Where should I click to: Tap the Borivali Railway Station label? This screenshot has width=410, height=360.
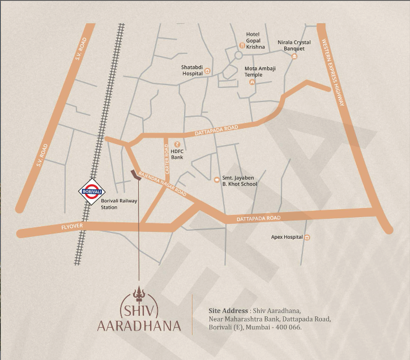tap(118, 204)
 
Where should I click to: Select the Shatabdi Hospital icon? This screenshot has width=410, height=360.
tap(207, 71)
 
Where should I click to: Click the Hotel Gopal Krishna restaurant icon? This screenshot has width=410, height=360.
tap(242, 45)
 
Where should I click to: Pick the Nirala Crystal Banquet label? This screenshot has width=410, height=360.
tap(294, 45)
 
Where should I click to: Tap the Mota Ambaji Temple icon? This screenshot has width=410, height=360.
tap(252, 82)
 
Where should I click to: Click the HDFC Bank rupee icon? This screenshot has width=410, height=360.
tap(177, 143)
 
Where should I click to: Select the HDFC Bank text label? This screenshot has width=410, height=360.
tap(177, 154)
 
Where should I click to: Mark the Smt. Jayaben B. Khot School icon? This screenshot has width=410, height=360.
tap(216, 180)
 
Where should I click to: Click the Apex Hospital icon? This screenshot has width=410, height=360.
tap(306, 237)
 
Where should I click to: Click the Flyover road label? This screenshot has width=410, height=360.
tap(72, 228)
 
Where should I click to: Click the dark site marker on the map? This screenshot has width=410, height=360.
tap(136, 175)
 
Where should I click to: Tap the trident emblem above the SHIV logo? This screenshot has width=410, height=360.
tap(139, 294)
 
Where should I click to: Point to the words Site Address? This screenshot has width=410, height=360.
tap(228, 311)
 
